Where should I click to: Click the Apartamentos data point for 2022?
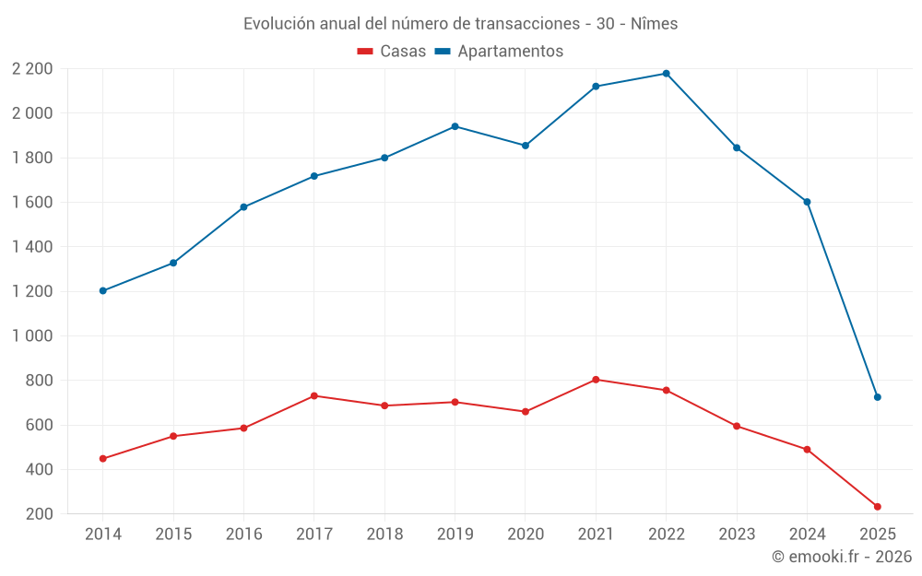[666, 74]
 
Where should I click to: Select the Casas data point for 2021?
[596, 380]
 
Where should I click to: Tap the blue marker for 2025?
[877, 397]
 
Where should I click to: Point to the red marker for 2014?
[102, 459]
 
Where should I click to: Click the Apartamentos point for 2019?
[455, 126]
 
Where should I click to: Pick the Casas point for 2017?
[313, 396]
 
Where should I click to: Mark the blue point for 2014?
[102, 291]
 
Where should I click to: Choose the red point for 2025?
[877, 507]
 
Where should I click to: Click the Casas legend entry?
[392, 52]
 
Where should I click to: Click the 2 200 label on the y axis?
[32, 69]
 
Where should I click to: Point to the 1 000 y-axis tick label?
[32, 336]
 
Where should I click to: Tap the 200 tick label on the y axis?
[39, 514]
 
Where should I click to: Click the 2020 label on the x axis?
[525, 535]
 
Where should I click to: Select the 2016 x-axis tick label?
[243, 535]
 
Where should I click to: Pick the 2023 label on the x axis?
[737, 535]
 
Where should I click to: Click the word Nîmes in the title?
[654, 24]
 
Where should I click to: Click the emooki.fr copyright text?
[842, 557]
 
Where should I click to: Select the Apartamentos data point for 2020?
[525, 146]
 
